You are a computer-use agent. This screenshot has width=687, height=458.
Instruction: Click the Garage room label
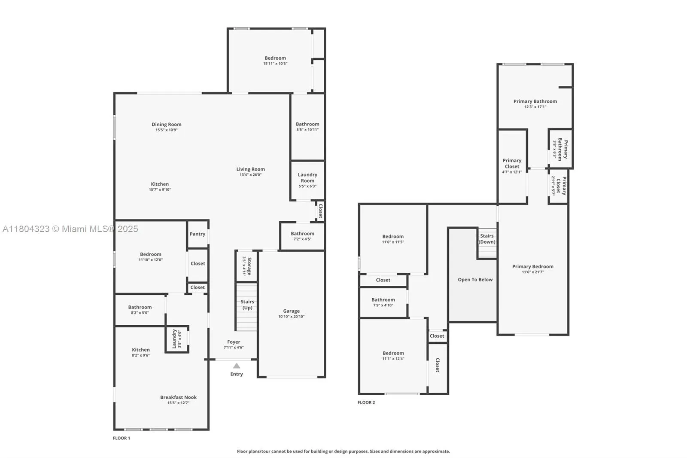pyautogui.click(x=291, y=311)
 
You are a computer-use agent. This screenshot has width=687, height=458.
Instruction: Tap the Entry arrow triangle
pyautogui.click(x=237, y=366)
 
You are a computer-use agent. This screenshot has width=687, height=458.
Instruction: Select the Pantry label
pyautogui.click(x=198, y=234)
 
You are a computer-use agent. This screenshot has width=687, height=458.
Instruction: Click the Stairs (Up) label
pyautogui.click(x=247, y=305)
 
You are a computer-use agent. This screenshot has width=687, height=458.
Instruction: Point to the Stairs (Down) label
pyautogui.click(x=487, y=239)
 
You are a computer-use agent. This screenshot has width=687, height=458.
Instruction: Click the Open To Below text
pyautogui.click(x=475, y=280)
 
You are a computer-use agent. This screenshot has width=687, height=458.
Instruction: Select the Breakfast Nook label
pyautogui.click(x=178, y=397)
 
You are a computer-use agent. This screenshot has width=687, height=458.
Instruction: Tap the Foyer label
pyautogui.click(x=234, y=342)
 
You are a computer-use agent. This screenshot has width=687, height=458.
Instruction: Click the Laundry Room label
pyautogui.click(x=307, y=177)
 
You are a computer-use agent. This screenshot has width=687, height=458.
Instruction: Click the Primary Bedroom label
pyautogui.click(x=532, y=266)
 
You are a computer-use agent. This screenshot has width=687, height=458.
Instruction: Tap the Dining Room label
pyautogui.click(x=166, y=125)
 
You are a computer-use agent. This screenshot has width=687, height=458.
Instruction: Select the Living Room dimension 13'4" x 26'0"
pyautogui.click(x=250, y=175)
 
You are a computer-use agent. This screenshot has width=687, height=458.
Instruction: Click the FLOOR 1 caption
pyautogui.click(x=121, y=438)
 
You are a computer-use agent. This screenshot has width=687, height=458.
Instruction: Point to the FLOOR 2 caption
pyautogui.click(x=366, y=403)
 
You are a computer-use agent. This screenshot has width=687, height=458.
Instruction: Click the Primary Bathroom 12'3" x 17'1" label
pyautogui.click(x=535, y=102)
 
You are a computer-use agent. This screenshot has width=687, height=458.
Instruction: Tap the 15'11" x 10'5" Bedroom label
pyautogui.click(x=275, y=58)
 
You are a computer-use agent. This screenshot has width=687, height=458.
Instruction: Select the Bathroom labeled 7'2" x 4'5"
pyautogui.click(x=302, y=234)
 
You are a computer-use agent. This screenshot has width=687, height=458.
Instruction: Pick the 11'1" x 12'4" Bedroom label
pyautogui.click(x=393, y=353)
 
